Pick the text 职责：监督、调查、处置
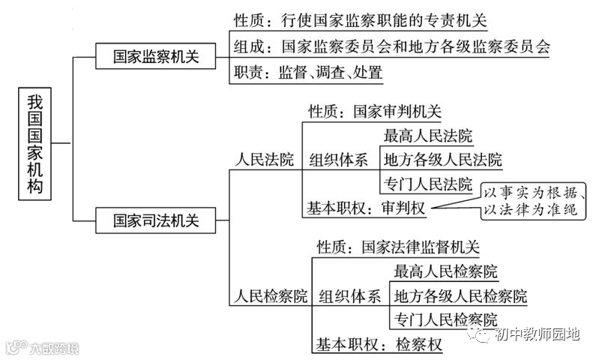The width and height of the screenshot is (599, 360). click(308, 73)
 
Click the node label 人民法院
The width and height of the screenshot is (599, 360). click(265, 159)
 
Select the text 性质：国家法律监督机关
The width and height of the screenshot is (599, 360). click(397, 247)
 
